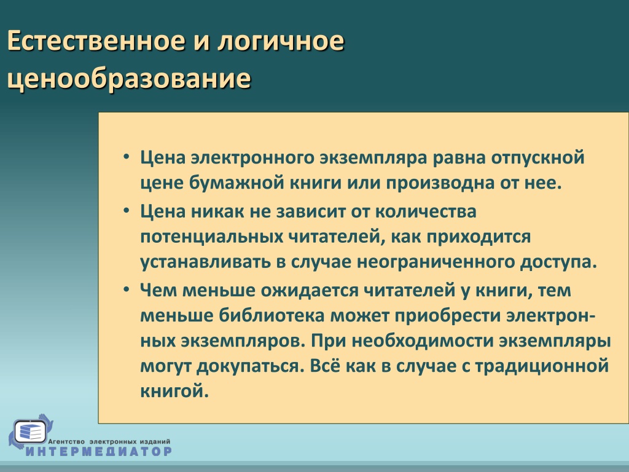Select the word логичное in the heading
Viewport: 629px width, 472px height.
(281, 41)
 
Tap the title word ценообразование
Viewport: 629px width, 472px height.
(129, 78)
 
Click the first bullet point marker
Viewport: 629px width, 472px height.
(127, 157)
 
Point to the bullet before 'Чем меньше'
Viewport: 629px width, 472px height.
(127, 289)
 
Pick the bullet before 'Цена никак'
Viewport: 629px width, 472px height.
(127, 210)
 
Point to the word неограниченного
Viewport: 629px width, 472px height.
(436, 262)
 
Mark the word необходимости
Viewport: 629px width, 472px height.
(423, 340)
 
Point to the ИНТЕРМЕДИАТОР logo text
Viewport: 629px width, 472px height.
(99, 451)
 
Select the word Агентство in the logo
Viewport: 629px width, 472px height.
(66, 441)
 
